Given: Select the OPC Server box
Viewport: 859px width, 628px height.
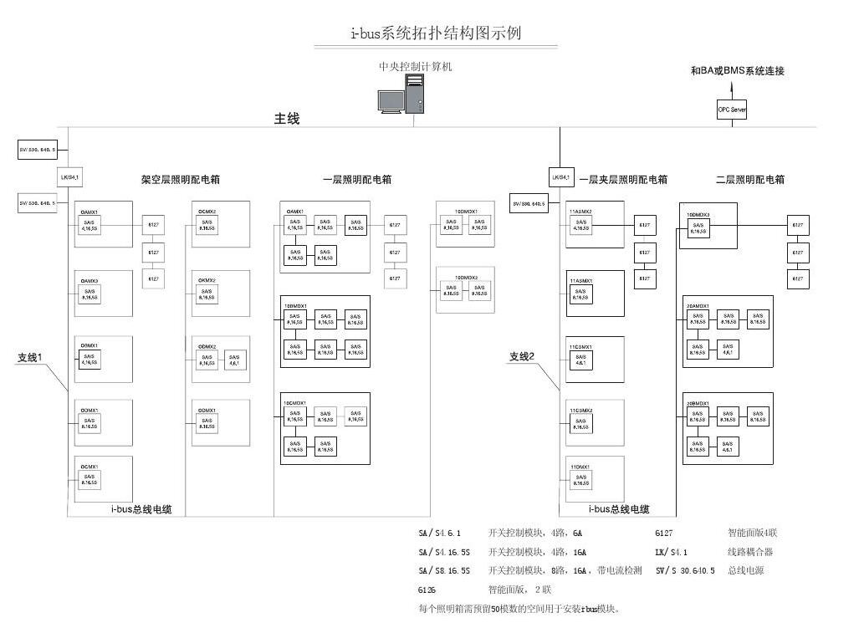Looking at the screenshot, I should coord(732,110).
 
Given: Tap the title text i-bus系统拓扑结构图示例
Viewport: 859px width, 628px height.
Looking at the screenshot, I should coord(436,33).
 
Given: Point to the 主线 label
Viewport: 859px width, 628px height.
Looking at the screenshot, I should coord(287,119).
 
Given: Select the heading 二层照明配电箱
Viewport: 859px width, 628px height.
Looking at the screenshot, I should coord(750,180).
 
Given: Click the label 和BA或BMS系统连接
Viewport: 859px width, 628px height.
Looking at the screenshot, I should coord(738,71).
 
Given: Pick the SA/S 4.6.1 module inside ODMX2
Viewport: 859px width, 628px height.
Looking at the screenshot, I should coord(234,360).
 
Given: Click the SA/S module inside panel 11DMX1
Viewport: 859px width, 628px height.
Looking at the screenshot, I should coord(579,480).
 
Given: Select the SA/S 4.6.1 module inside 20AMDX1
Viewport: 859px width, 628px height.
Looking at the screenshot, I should coord(728,350).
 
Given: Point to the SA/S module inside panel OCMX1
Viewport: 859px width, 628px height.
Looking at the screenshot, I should coord(89,481).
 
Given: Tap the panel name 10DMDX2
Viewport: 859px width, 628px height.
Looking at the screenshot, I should coord(466,278).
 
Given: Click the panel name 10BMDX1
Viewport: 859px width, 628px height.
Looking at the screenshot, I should coord(297,305).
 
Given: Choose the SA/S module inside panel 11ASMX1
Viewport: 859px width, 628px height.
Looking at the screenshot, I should coord(579,294).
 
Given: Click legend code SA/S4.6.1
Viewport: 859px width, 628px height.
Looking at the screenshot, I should coord(439,533).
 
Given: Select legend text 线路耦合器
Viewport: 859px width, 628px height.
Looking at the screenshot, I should coord(750,552).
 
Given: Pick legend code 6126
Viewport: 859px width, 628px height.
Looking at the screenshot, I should coord(427,590).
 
